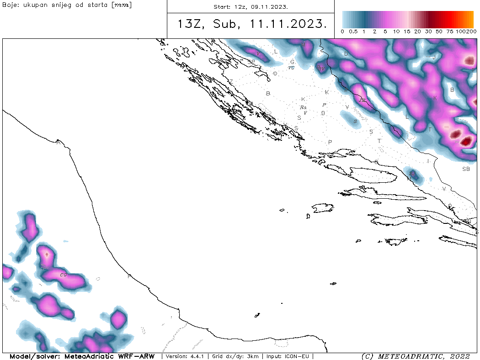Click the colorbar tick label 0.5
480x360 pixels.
pos(353,32)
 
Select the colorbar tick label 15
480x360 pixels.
pos(407,32)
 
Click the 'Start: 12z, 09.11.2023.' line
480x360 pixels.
pos(251,7)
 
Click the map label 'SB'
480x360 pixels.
pos(466,169)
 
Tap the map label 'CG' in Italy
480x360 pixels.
pos(64,275)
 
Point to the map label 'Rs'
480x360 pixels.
pos(303,107)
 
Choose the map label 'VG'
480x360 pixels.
pos(291,68)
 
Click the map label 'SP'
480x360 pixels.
pos(251,61)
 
